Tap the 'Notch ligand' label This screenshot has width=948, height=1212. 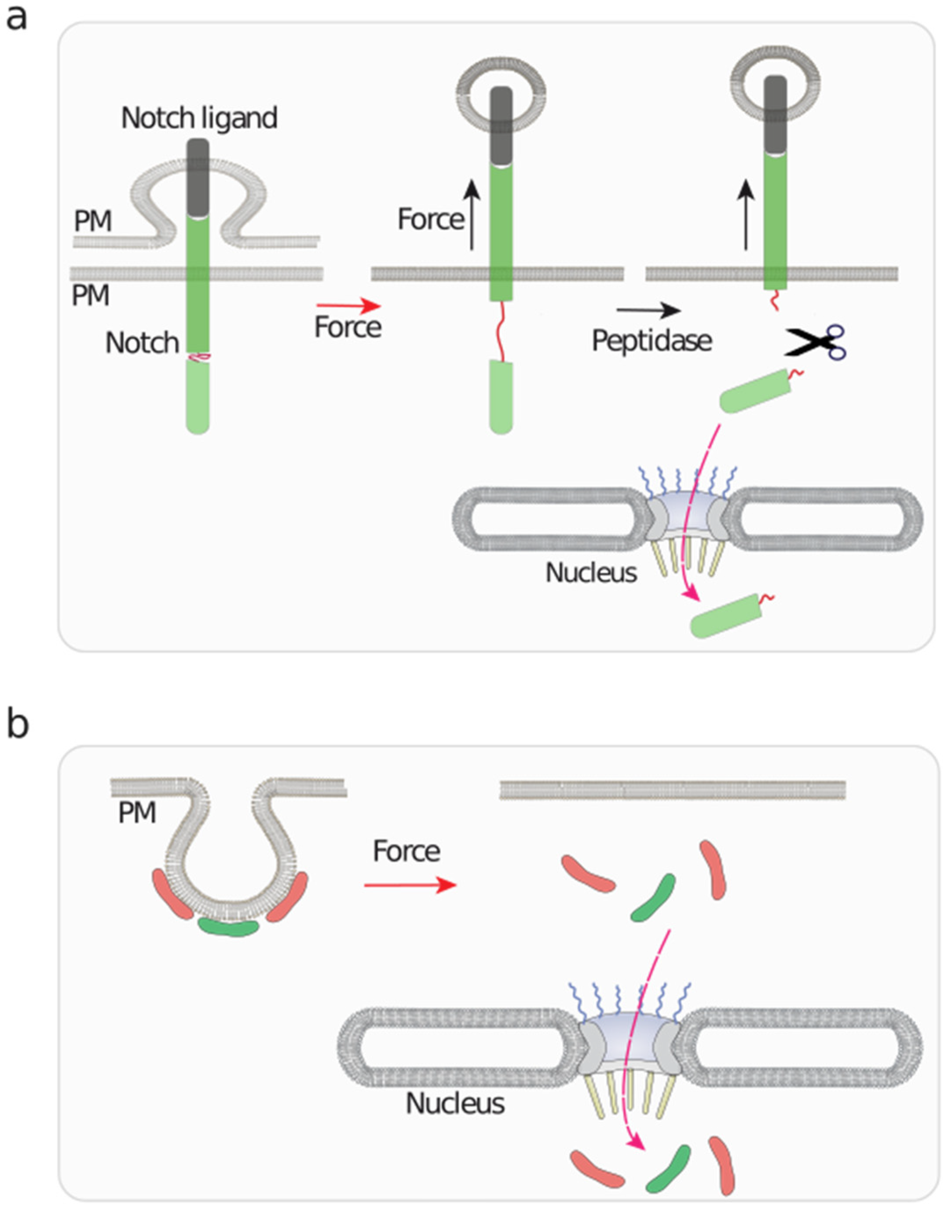(x=199, y=118)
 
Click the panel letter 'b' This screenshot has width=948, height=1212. (x=17, y=725)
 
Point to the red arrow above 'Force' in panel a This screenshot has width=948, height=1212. (x=348, y=306)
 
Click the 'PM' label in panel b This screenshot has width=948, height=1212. (x=137, y=813)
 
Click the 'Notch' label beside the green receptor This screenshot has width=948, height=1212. (x=142, y=343)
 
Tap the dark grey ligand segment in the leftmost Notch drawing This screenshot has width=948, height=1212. (x=198, y=178)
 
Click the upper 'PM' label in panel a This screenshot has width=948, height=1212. (x=93, y=221)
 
